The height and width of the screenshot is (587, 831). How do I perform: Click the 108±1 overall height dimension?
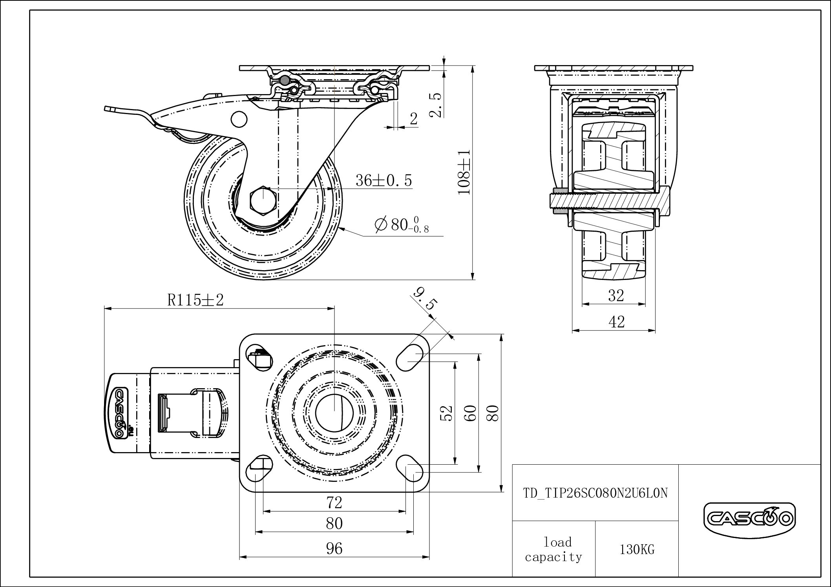click(x=464, y=171)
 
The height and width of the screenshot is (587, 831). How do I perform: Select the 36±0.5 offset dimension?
click(x=384, y=180)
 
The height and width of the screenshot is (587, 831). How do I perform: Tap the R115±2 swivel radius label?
click(x=195, y=300)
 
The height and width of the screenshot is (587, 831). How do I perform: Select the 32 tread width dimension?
click(x=616, y=295)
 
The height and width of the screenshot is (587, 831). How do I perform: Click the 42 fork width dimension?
click(x=616, y=322)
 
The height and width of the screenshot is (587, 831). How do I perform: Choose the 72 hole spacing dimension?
click(x=334, y=502)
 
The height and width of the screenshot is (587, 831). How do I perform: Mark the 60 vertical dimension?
click(x=471, y=413)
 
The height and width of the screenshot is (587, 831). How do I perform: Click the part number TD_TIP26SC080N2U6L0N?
click(x=595, y=493)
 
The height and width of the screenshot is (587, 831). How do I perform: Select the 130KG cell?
click(x=637, y=550)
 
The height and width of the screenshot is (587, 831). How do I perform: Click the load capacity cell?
click(x=553, y=549)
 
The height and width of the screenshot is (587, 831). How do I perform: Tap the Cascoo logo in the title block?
click(x=750, y=519)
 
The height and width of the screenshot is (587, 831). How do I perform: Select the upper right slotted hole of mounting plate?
click(x=409, y=356)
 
